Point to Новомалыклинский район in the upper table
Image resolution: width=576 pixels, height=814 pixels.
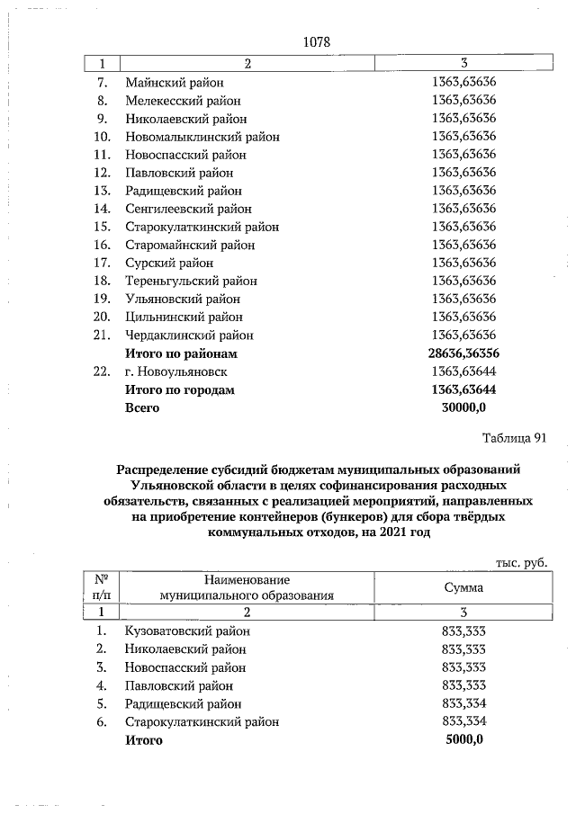pyautogui.click(x=202, y=137)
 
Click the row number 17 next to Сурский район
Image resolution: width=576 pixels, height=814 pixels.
pyautogui.click(x=103, y=263)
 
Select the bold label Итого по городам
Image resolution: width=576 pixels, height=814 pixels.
pyautogui.click(x=180, y=389)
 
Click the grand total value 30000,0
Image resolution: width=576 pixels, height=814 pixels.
pyautogui.click(x=464, y=407)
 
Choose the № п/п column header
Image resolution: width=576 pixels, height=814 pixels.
pyautogui.click(x=103, y=587)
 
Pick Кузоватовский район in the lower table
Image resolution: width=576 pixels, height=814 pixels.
pyautogui.click(x=187, y=631)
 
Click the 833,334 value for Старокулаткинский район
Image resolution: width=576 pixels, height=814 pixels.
pyautogui.click(x=464, y=721)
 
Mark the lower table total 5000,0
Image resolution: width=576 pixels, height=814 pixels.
pyautogui.click(x=464, y=739)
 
